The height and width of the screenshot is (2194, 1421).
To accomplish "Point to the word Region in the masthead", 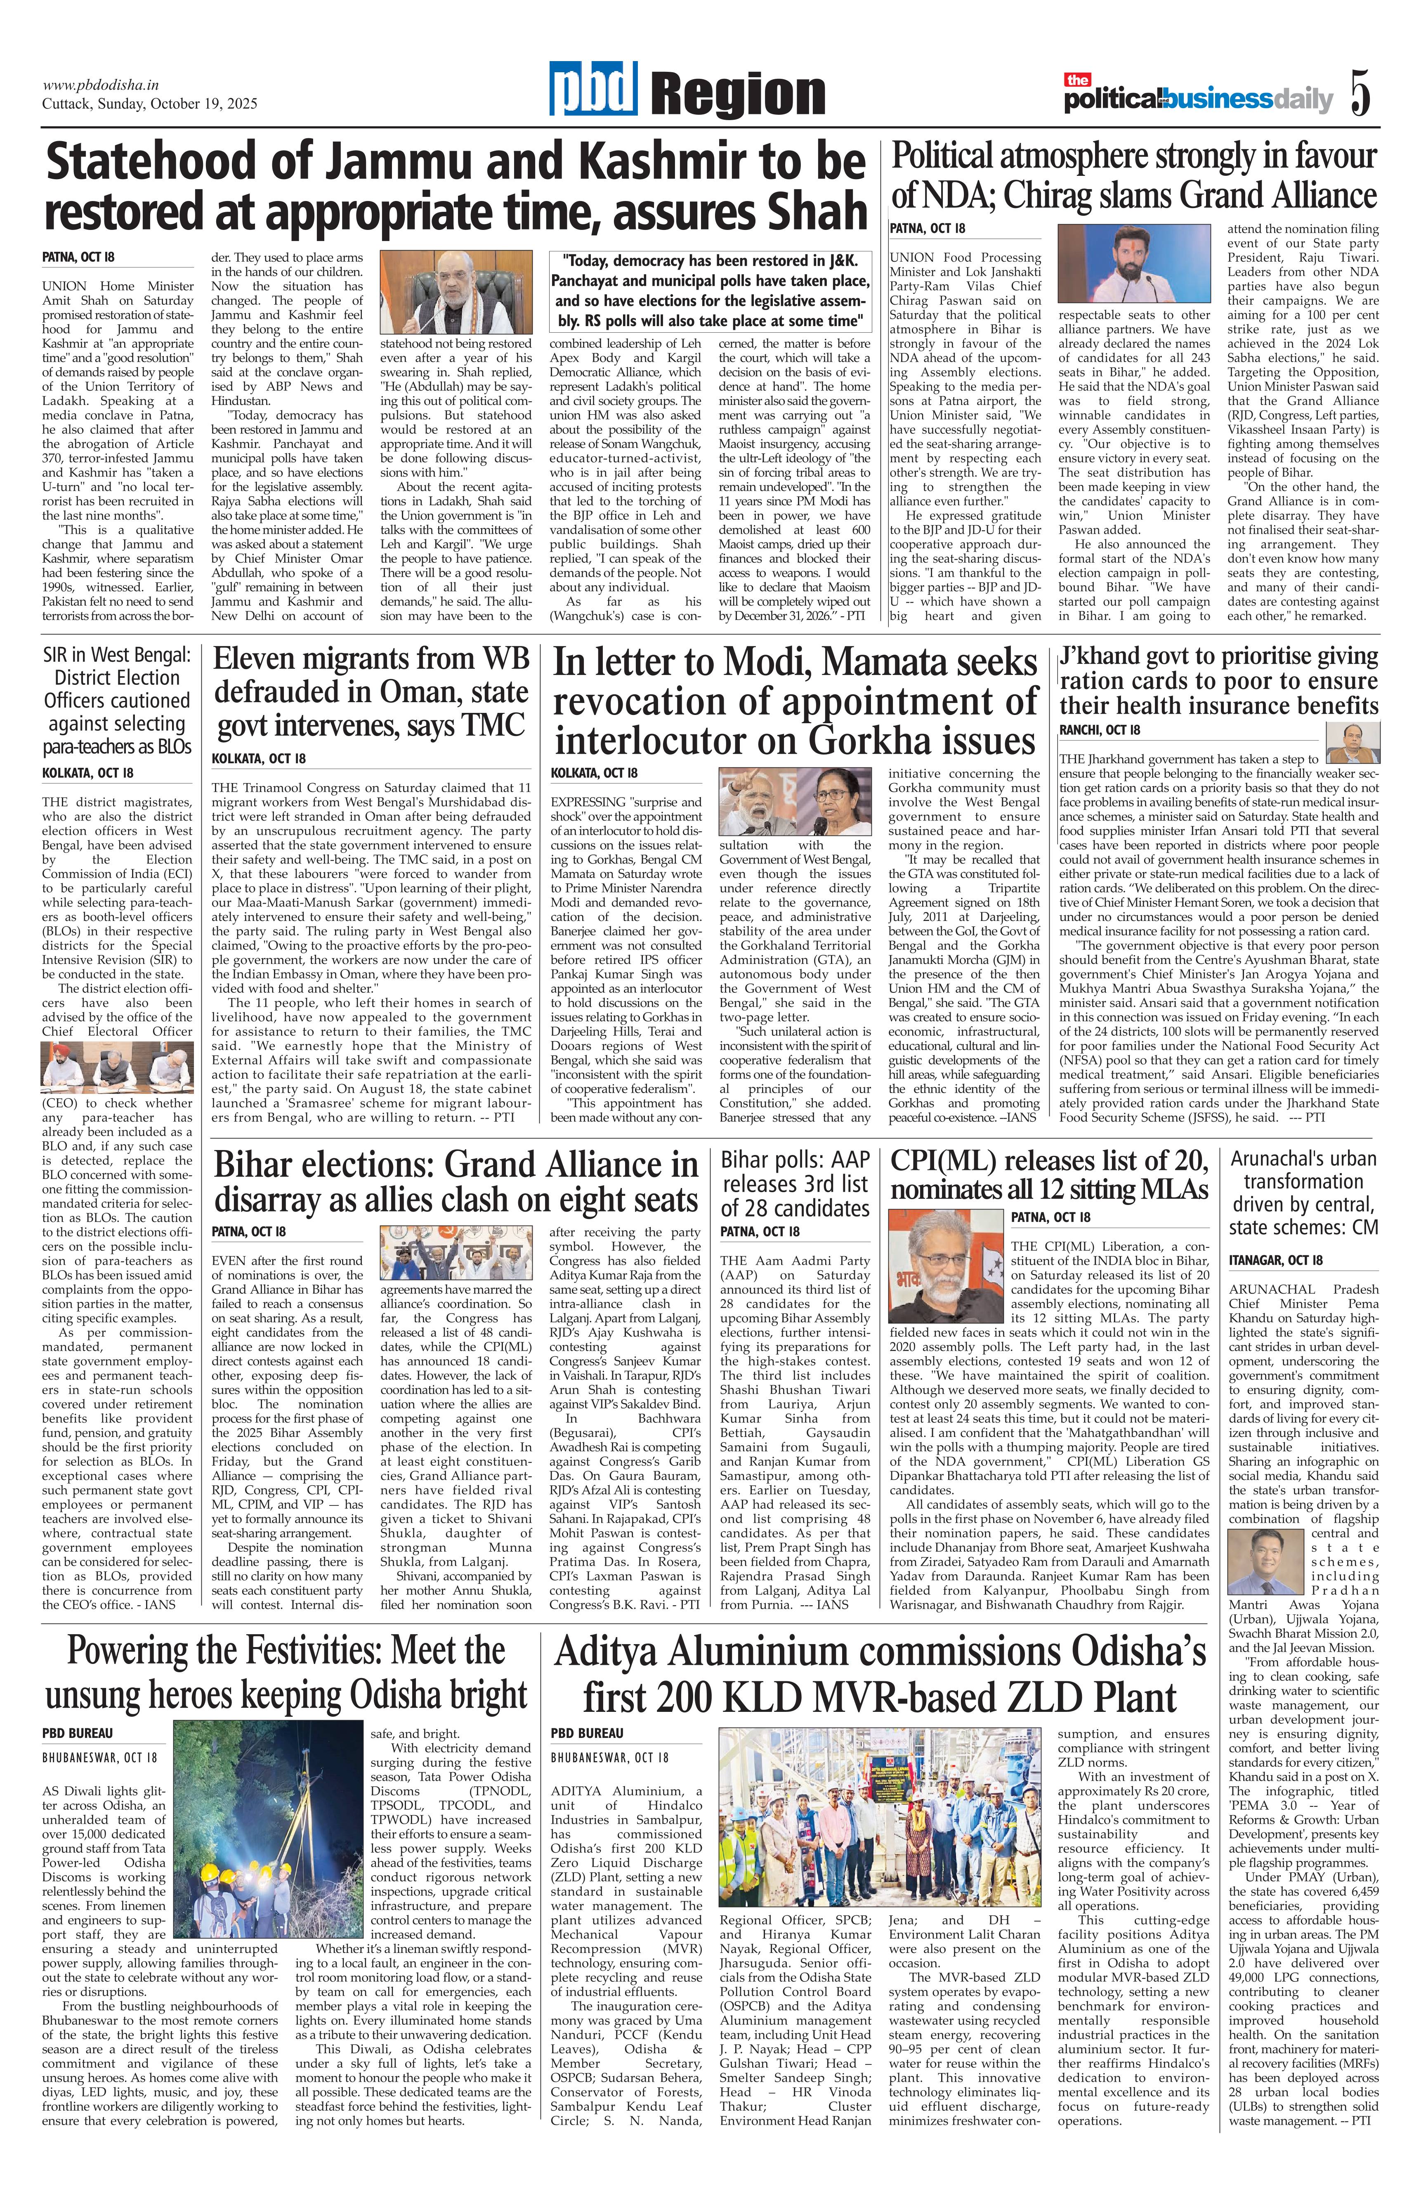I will [x=737, y=95].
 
